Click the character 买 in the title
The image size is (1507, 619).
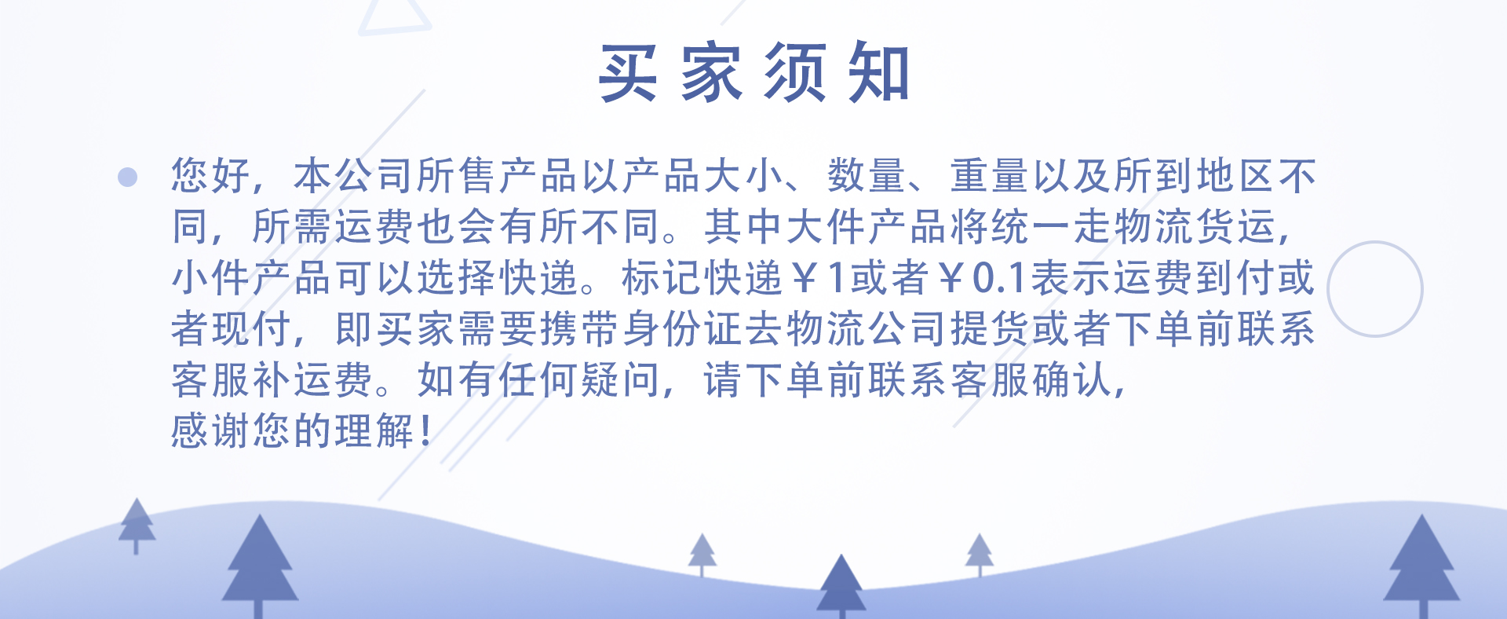(x=628, y=72)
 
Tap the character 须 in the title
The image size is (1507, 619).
(x=796, y=72)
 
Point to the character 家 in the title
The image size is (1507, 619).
(x=712, y=72)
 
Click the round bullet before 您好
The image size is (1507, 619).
(x=127, y=177)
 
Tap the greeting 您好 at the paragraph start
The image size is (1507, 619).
(x=211, y=175)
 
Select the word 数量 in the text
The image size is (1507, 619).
(x=867, y=175)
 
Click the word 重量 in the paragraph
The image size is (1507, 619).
(x=989, y=175)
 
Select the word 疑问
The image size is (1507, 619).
(x=620, y=379)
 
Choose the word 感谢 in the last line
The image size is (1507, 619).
(x=211, y=430)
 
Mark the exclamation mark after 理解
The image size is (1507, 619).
(x=425, y=430)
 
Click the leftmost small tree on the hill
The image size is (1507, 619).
(x=137, y=526)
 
